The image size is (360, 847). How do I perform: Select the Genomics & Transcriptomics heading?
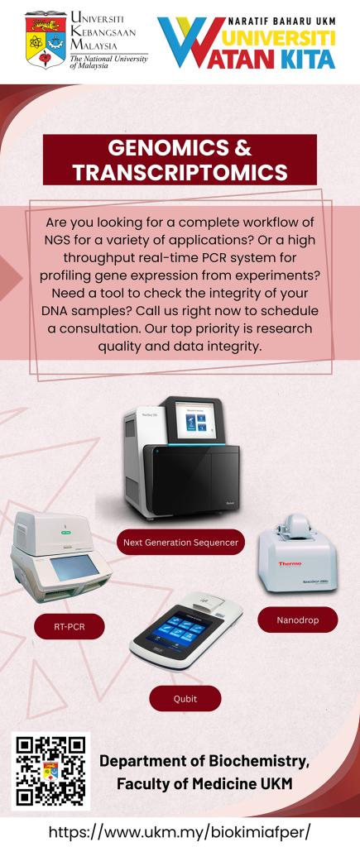(180, 160)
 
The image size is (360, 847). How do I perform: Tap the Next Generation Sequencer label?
(180, 543)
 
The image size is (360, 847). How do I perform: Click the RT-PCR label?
(70, 627)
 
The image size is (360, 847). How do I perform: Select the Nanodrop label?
(297, 620)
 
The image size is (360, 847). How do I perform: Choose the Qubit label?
(185, 698)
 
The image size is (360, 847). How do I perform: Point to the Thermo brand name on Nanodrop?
(290, 562)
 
